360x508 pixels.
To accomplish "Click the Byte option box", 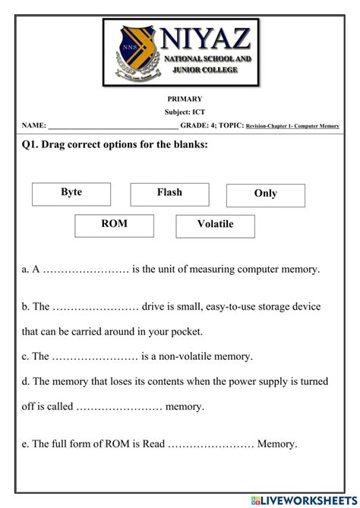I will pos(71,194).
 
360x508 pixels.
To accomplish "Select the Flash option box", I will pos(169,194).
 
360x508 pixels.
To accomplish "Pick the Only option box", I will pos(265,194).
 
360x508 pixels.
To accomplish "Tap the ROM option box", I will pos(114,226).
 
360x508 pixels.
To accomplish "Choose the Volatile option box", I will pos(215,226).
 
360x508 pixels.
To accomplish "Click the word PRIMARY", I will pos(185,99).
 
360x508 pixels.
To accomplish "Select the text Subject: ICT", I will pos(185,112).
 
